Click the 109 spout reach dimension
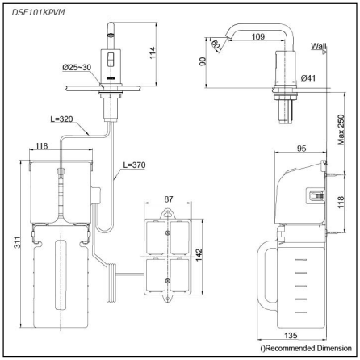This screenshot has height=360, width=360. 258,36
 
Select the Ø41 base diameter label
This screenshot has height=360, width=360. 308,77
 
